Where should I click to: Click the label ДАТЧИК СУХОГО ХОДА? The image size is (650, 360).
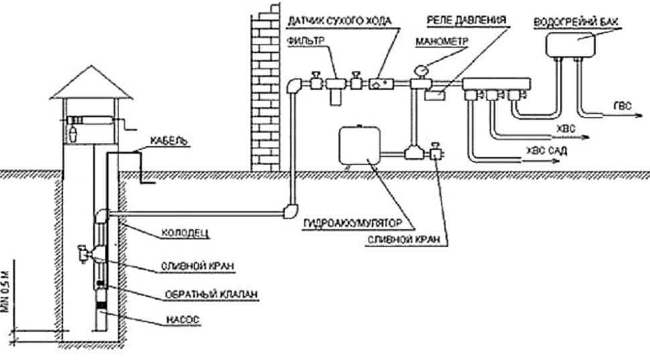[340, 21]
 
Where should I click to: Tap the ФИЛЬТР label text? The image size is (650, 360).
[307, 41]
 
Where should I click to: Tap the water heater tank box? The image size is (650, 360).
[570, 44]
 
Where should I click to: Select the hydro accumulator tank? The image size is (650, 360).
[359, 145]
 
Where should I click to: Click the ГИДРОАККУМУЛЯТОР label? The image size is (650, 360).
[352, 223]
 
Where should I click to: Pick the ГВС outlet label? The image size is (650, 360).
[623, 106]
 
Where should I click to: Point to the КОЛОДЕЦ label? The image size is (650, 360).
[185, 233]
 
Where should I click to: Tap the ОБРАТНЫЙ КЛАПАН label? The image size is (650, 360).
[211, 294]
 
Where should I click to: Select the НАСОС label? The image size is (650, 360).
[183, 320]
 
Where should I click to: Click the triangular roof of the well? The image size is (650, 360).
[91, 82]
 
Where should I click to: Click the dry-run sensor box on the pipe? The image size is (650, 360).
[381, 84]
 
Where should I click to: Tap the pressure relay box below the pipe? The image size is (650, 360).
[435, 95]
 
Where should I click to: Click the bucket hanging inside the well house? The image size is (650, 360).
[73, 131]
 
